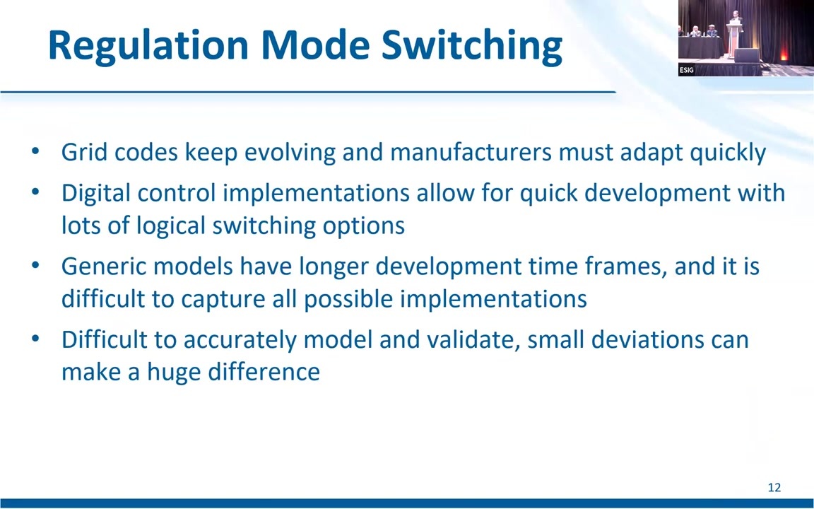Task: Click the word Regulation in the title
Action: (148, 46)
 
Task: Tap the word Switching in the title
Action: (472, 46)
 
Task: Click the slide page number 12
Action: (774, 487)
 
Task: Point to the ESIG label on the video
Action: (686, 70)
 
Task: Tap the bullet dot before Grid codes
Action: (35, 151)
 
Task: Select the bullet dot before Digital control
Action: (35, 192)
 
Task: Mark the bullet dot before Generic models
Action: (35, 265)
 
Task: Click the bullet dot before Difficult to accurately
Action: (35, 339)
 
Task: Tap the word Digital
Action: (95, 193)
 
